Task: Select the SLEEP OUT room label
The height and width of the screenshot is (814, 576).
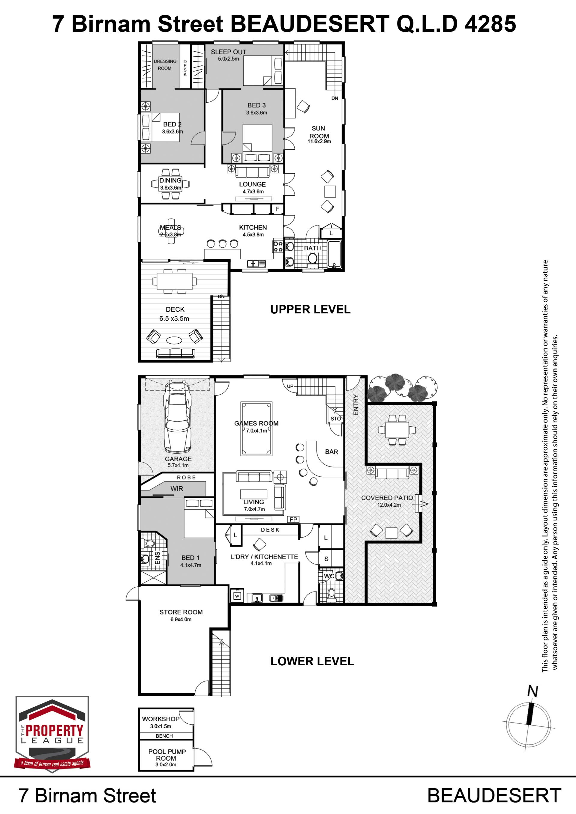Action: [x=228, y=52]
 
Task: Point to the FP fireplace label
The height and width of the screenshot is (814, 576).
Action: [x=293, y=519]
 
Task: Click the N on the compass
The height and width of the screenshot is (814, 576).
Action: [x=532, y=691]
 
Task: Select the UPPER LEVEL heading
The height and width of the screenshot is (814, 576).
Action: [x=310, y=309]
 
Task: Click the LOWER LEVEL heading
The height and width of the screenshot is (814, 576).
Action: [x=312, y=661]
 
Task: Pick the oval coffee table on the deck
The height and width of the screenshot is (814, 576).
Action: [x=175, y=340]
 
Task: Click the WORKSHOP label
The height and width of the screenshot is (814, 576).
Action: [x=161, y=719]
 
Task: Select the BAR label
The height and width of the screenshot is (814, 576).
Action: [x=331, y=452]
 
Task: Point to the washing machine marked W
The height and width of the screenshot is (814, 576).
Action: [x=237, y=596]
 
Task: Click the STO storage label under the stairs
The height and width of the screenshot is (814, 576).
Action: [x=335, y=419]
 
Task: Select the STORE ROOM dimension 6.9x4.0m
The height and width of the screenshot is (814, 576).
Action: [x=181, y=619]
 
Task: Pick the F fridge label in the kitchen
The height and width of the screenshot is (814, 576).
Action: [x=278, y=209]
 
